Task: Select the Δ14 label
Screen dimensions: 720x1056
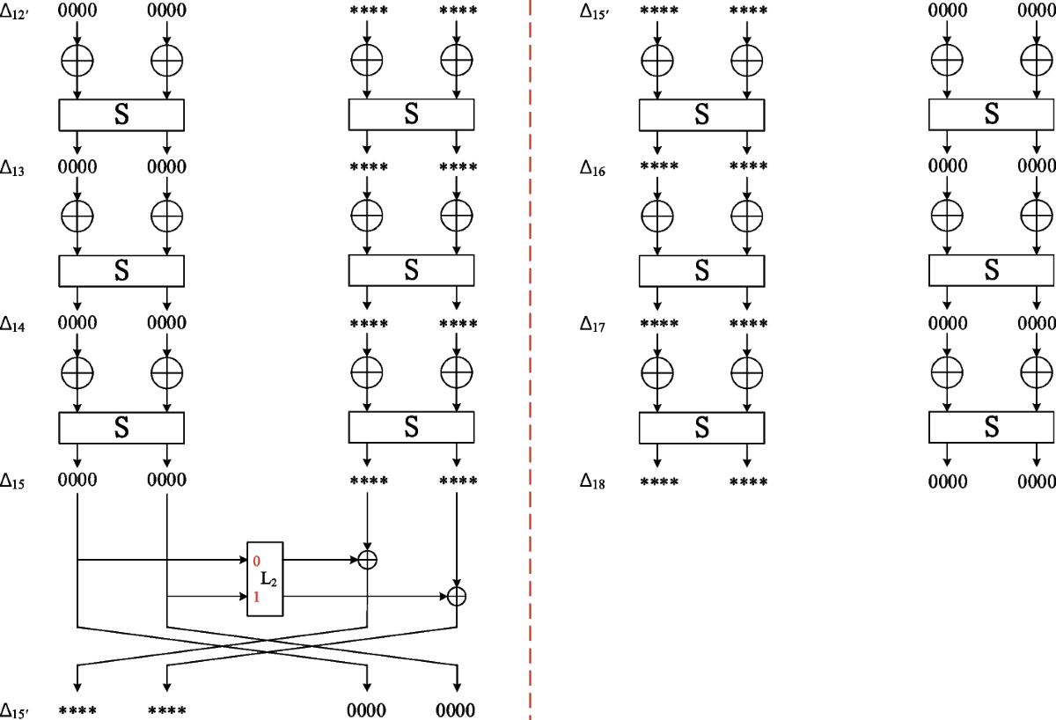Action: [x=13, y=325]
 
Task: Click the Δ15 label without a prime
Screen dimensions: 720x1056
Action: [x=13, y=481]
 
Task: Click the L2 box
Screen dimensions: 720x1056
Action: [x=266, y=578]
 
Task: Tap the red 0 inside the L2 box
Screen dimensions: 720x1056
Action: [x=256, y=560]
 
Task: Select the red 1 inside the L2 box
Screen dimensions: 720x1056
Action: [x=256, y=598]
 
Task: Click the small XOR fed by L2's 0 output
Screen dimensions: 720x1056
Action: [x=368, y=559]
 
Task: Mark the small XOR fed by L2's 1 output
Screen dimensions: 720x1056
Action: [x=456, y=596]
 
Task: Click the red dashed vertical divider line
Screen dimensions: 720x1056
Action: [x=530, y=352]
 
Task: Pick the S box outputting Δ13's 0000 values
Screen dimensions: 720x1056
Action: [x=121, y=114]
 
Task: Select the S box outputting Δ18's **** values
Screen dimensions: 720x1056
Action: [x=701, y=427]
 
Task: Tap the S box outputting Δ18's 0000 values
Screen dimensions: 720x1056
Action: [x=992, y=427]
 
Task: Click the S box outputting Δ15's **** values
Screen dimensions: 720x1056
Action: [x=412, y=427]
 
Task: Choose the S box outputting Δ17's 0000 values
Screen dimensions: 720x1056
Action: [x=992, y=270]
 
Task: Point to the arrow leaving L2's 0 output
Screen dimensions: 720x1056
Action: [x=321, y=559]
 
